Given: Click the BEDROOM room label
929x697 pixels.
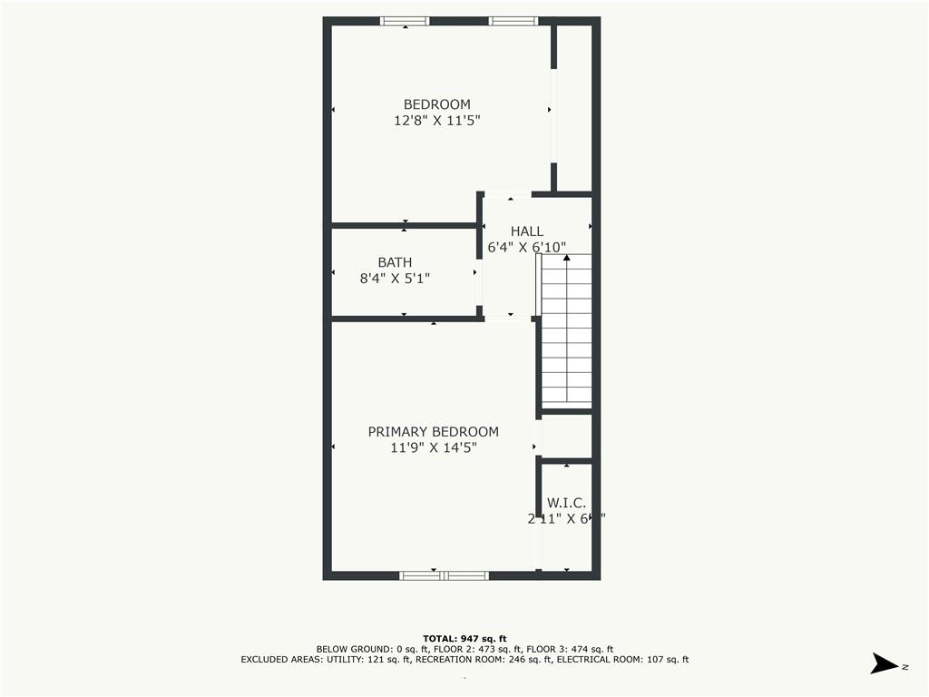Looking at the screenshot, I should pos(436,104).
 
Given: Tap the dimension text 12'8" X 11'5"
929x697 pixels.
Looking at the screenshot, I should pos(436,120).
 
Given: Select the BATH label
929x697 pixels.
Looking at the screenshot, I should pos(395,262).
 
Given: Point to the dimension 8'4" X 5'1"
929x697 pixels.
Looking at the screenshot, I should pos(395,279).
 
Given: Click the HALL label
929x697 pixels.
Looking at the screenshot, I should pos(527,231).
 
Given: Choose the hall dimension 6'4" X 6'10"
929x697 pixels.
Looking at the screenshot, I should pos(527,247).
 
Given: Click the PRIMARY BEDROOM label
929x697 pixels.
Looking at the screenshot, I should pos(433,432).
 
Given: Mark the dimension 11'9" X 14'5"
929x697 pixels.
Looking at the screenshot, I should pos(433,447).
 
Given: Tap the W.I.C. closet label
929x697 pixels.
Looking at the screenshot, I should pos(566,503).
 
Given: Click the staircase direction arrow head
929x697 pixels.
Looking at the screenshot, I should pos(567,259).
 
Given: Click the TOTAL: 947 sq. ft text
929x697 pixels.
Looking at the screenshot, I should pos(464,638).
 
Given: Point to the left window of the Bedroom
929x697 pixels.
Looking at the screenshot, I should pos(405,21).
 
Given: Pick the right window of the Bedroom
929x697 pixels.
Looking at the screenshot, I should pos(513,21).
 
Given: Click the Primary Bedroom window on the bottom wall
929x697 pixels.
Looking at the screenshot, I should pos(444,574).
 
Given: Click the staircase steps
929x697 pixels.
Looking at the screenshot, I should pos(567,336).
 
